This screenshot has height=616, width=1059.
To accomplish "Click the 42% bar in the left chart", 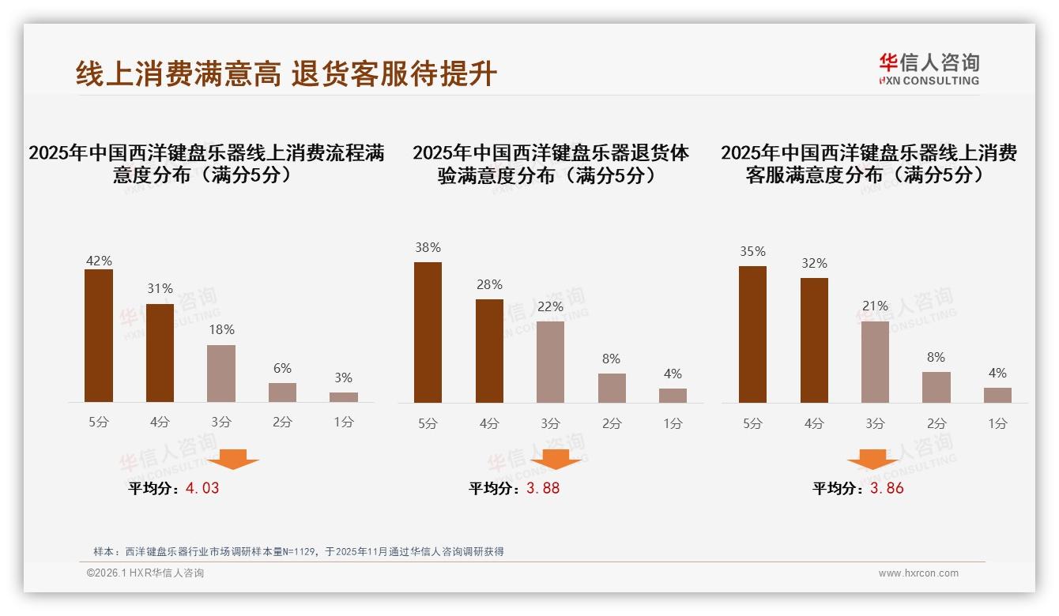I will pos(99,336).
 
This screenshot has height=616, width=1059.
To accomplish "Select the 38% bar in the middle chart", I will pos(428,332).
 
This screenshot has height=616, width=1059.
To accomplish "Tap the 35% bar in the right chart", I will pos(752,334).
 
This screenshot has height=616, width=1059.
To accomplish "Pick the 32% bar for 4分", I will pos(814,340).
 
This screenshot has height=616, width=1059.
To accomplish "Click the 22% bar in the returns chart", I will pos(550,362).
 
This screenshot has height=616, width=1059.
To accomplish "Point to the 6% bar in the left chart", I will pos(282,393).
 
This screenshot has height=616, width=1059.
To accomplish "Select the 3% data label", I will pos(343,378).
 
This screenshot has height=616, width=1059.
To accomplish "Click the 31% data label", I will pos(160,289).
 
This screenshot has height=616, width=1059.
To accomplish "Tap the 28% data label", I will pos(489,285).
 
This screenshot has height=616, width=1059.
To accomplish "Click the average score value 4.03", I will pos(202,488).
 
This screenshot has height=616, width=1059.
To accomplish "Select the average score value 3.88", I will pos(543,488).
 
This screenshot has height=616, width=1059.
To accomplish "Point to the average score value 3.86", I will pos(887,488).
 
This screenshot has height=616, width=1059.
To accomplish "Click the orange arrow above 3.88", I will pos(556,459).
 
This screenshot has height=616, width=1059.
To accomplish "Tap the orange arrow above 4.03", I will pos(233,459).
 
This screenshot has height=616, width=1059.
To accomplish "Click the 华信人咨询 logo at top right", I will pos(929,69).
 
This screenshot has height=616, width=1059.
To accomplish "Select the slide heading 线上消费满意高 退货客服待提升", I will pos(286,73).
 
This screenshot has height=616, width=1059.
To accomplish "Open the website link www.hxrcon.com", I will pos(918,573).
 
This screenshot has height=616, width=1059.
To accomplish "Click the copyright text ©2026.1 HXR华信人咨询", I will pos(145,573).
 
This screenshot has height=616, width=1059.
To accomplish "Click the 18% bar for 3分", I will pos(221,374).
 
